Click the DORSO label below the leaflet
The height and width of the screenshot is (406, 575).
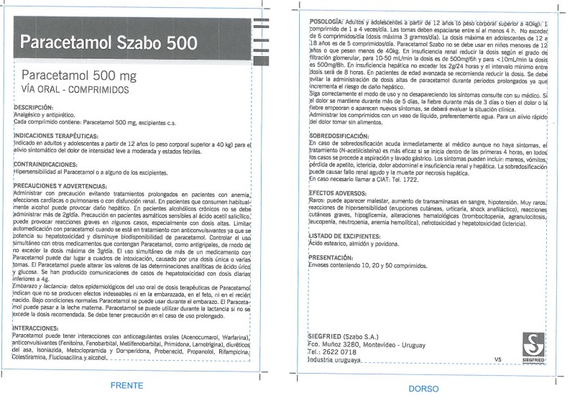click(x=423, y=389)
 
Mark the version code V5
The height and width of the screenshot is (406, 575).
click(x=498, y=359)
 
